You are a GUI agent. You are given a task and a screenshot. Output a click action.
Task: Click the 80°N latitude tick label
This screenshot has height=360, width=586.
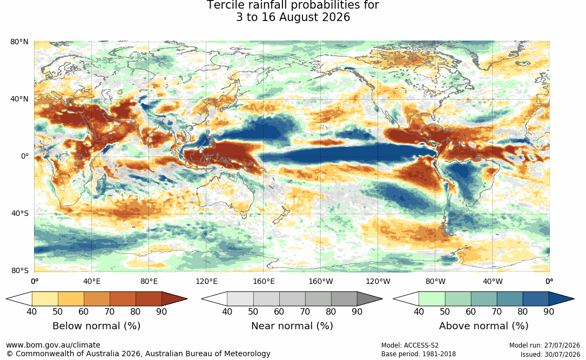[19, 42]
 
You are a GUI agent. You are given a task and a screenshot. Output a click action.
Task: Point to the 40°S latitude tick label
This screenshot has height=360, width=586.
[19, 214]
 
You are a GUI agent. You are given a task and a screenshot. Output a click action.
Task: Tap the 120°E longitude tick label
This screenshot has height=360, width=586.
[206, 281]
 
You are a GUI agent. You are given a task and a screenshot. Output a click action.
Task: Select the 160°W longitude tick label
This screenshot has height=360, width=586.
[320, 281]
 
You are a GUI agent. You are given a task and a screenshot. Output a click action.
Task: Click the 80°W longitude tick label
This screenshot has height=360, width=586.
[435, 281]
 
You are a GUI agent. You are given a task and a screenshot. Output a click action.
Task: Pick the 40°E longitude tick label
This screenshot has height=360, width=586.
[92, 281]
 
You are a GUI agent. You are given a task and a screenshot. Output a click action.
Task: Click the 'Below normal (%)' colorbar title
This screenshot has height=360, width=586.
[97, 326]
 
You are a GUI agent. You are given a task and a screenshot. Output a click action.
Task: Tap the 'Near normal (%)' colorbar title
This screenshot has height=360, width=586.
[292, 326]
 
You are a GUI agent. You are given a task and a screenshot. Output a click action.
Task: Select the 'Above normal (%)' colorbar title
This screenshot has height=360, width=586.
[483, 326]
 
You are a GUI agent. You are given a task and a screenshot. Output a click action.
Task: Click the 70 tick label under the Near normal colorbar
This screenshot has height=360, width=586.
[305, 311]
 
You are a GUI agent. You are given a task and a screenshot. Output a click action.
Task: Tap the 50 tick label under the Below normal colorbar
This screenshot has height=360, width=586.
[58, 311]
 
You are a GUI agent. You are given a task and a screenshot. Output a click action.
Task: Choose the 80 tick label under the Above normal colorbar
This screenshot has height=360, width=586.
[522, 311]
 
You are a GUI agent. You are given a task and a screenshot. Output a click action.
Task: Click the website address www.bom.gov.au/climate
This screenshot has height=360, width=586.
[53, 345]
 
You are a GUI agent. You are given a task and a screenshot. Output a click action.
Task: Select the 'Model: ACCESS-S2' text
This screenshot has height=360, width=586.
[410, 345]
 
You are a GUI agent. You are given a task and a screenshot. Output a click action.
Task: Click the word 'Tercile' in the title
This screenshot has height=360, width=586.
[225, 5]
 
